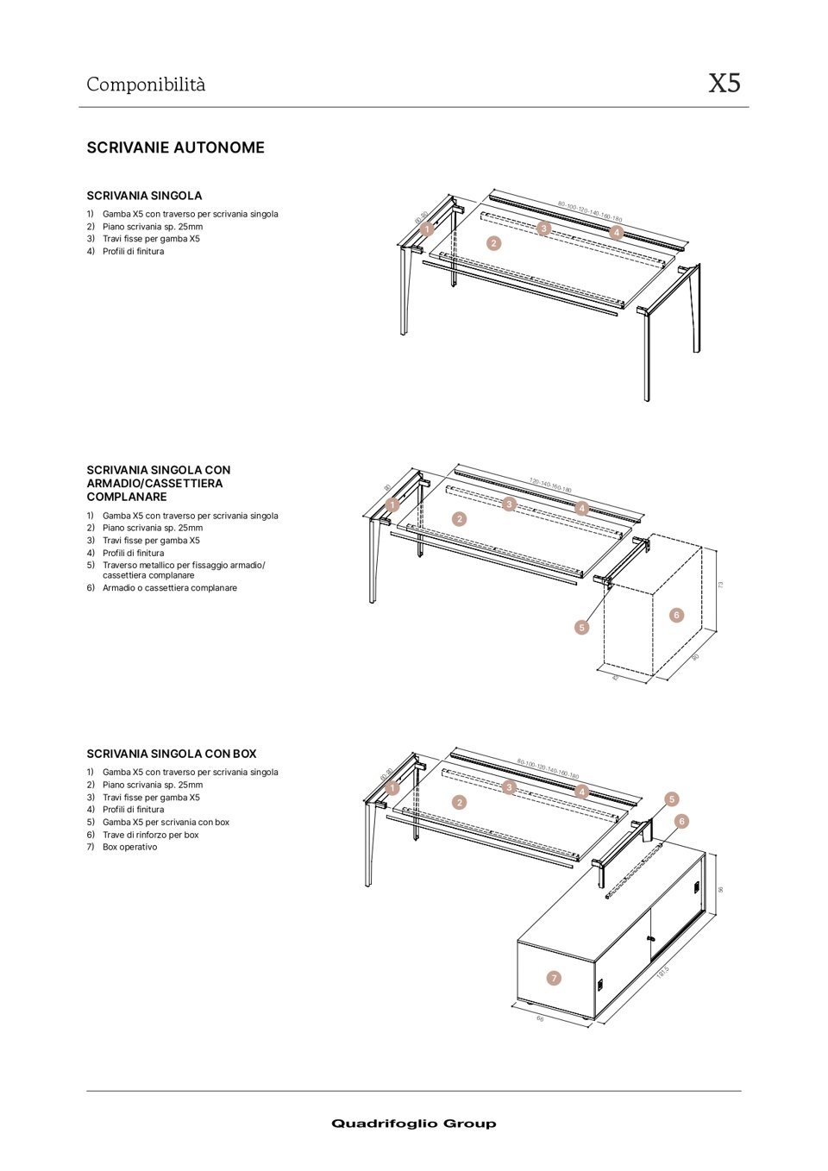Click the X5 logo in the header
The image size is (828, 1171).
pos(724,83)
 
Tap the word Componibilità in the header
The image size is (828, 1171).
pos(146,85)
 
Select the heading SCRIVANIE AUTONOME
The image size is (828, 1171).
pos(175,147)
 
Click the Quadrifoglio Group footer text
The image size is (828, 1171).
pos(413,1123)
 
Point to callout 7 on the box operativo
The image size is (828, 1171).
pos(554,978)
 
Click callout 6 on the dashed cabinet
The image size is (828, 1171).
pos(676,615)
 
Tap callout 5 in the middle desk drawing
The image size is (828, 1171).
pos(581,627)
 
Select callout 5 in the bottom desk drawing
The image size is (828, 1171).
pos(672,799)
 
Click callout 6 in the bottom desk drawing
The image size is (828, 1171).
pos(681,821)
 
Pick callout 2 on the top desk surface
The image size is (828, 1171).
pos(493,243)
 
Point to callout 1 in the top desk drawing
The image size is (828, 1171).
pos(427,229)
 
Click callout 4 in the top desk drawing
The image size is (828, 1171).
pos(616,233)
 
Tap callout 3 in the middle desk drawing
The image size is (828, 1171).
pos(509,504)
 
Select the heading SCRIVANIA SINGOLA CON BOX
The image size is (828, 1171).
pos(171,754)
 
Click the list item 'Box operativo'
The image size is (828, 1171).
pos(129,847)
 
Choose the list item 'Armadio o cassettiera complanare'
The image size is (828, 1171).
pos(169,588)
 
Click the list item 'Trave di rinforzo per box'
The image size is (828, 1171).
pos(150,835)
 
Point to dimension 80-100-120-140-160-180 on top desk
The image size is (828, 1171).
pos(590,212)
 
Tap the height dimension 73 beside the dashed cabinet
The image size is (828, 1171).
pos(720,585)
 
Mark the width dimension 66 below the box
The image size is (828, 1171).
pos(540,1018)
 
